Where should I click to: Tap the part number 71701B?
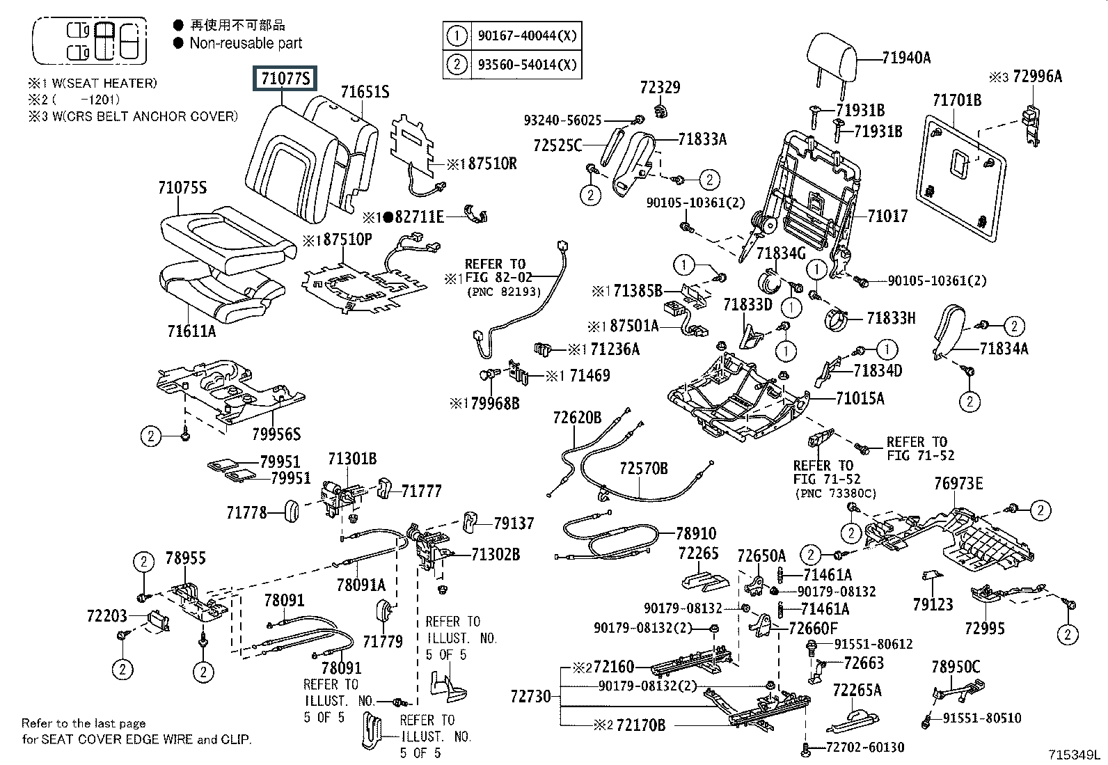point(957,101)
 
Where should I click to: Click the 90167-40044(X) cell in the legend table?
point(527,35)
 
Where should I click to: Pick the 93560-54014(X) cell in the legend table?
point(527,65)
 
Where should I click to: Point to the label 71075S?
point(182,187)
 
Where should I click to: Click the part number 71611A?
point(191,331)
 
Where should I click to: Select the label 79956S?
point(276,434)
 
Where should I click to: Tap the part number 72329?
point(660,88)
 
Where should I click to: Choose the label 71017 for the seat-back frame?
point(887,216)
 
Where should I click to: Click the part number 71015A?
point(860,398)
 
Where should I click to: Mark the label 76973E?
point(958,483)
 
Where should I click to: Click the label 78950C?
point(955,667)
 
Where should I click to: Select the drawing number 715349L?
point(1075,755)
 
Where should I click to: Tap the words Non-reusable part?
point(246,43)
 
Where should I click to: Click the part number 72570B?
point(644,468)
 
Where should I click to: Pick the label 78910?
point(696,534)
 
